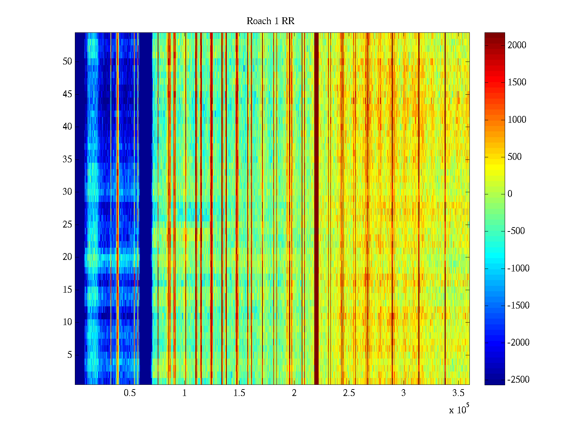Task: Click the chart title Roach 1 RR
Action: pos(270,21)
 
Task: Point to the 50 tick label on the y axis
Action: pos(67,62)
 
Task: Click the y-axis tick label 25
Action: pos(67,225)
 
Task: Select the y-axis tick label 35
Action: pos(67,159)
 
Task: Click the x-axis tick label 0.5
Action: pos(130,393)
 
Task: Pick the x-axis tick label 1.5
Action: pos(239,393)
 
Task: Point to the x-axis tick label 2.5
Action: pos(349,393)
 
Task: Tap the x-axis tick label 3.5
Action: pos(458,393)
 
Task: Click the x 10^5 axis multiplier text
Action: pos(459,410)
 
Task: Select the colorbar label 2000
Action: pos(517,45)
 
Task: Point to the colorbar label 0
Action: pos(510,194)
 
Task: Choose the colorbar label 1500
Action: pos(517,82)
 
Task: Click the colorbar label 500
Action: pos(514,157)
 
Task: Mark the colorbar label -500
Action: pos(516,231)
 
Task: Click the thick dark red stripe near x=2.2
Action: pos(316,209)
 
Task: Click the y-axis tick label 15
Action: pos(67,290)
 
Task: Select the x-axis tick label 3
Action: pos(404,393)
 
